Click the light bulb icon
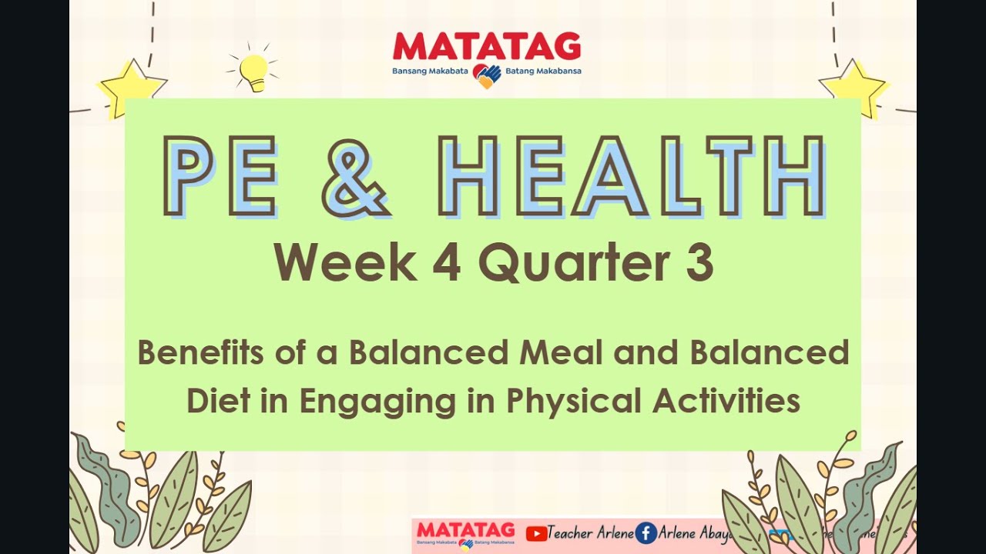(253, 72)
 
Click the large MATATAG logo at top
(487, 47)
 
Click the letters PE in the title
(221, 175)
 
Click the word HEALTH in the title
(632, 175)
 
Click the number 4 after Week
(446, 262)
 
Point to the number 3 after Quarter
(699, 262)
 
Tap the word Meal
(557, 352)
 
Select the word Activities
(726, 401)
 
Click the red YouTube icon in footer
(536, 533)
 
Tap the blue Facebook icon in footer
(646, 533)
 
